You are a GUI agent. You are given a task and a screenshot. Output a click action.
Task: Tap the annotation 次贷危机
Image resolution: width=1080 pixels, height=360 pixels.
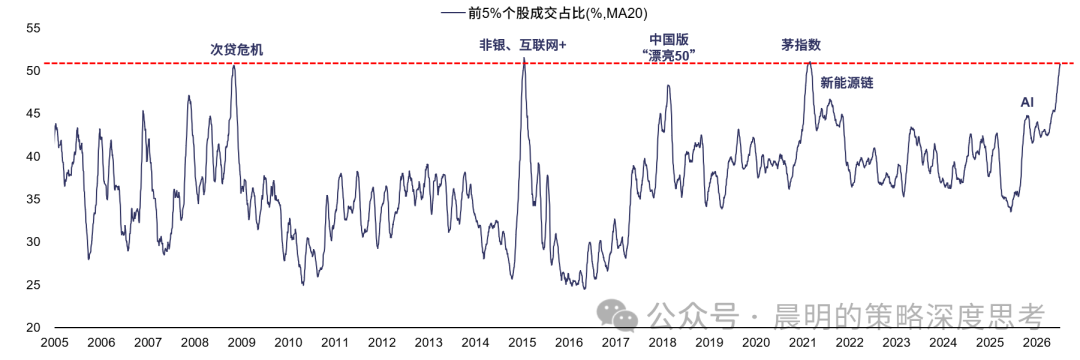click(x=236, y=50)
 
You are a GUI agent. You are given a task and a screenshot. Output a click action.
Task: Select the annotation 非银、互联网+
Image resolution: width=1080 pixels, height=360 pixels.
click(x=523, y=45)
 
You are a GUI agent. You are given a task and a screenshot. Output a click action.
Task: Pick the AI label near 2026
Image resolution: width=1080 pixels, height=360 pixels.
click(x=1027, y=103)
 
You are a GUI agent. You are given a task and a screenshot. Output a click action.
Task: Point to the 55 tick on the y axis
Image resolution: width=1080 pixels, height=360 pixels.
click(x=34, y=28)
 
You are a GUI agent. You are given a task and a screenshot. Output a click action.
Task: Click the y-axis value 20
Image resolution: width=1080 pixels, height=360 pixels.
click(x=34, y=327)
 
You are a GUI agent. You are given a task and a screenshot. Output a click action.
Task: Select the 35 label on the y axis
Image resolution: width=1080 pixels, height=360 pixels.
click(x=34, y=199)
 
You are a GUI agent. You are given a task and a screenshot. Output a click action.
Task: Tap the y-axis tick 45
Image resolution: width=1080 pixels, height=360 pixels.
click(x=34, y=114)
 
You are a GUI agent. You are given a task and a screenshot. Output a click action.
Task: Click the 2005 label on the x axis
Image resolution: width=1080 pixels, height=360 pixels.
click(x=54, y=343)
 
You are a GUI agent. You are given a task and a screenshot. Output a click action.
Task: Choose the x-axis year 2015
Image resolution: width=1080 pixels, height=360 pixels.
click(x=523, y=343)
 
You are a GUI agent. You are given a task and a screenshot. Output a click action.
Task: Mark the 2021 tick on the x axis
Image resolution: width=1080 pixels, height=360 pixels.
click(x=804, y=343)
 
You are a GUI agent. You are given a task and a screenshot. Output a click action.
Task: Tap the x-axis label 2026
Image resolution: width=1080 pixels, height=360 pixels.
click(x=1038, y=343)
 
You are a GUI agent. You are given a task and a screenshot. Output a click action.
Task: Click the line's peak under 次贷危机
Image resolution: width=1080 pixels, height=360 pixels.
click(x=233, y=65)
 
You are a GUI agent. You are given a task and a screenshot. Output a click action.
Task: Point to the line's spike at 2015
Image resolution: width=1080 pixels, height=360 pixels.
click(x=524, y=58)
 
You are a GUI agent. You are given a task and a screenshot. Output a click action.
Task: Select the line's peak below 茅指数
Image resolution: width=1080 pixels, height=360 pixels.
click(x=809, y=62)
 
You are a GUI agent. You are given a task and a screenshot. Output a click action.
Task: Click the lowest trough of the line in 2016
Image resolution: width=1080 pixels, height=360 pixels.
click(x=584, y=288)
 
